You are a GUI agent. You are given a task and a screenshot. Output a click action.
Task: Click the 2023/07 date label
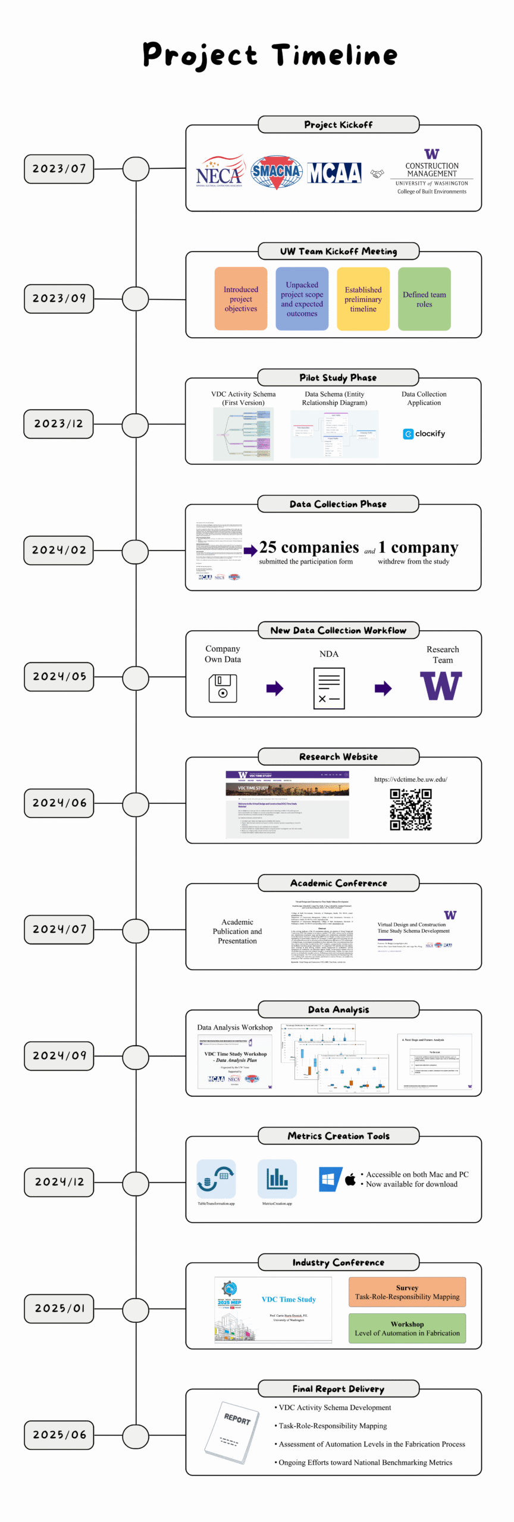pos(59,169)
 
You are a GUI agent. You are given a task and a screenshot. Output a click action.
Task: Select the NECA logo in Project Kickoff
pos(220,172)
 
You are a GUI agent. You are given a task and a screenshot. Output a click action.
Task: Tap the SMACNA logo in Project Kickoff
pos(276,172)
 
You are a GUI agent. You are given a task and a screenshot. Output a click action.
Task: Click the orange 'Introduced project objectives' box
pos(241,299)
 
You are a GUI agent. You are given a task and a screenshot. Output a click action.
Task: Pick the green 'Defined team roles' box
pos(424,299)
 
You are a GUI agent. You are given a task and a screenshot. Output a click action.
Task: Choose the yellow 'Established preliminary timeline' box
pos(363,299)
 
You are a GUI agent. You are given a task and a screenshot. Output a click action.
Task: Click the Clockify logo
pos(424,434)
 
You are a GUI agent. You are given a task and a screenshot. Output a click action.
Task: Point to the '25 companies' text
pos(309,548)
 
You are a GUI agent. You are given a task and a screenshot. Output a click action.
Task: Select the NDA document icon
pos(329,688)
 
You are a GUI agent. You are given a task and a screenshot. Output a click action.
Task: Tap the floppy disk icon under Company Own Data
pos(222,688)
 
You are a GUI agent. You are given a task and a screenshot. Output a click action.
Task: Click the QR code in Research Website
pos(410,809)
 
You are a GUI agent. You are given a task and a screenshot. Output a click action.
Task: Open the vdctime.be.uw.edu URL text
pos(410,779)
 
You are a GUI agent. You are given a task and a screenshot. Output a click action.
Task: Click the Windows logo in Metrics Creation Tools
pos(330,1179)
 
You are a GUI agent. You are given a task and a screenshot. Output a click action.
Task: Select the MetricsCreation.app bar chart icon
pos(277,1179)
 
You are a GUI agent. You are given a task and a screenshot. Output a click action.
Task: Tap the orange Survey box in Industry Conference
pos(407,1292)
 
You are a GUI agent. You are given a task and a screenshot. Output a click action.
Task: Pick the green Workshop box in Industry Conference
pos(407,1328)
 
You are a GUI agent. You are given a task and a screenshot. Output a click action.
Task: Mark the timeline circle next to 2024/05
pos(136,678)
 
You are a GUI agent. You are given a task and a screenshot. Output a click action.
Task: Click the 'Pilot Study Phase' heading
pos(338,378)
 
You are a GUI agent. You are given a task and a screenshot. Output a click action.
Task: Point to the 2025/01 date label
pos(59,1309)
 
